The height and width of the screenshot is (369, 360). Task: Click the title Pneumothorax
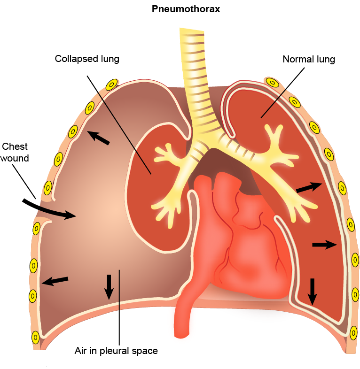click(180, 9)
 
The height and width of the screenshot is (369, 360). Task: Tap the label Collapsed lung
click(87, 59)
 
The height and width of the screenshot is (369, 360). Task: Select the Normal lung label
click(308, 60)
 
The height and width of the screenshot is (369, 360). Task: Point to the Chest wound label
click(15, 152)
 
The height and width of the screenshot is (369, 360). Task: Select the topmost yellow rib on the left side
click(111, 85)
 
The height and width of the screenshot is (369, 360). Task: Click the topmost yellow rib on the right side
click(272, 83)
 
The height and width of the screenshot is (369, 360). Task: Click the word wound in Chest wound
click(15, 158)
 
